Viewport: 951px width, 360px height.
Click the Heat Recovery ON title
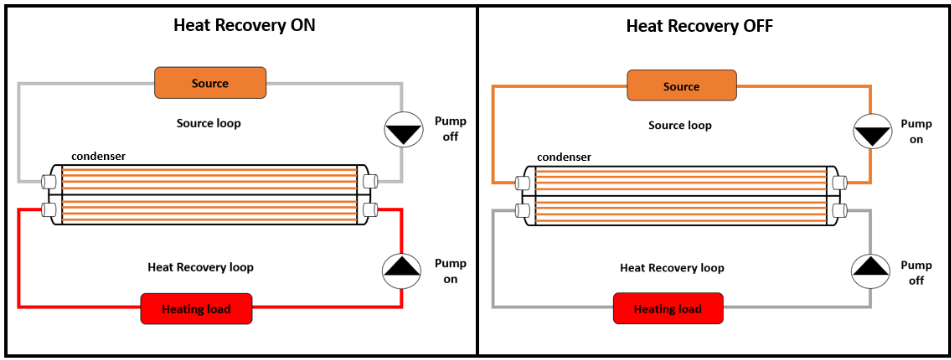[244, 26]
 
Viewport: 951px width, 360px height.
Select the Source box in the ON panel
[210, 83]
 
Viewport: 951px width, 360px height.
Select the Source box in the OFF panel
[681, 86]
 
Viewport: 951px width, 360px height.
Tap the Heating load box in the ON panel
[196, 309]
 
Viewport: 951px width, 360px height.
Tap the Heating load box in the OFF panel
[668, 309]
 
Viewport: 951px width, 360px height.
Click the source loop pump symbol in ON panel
[404, 128]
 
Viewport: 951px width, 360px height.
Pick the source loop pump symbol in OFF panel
[871, 131]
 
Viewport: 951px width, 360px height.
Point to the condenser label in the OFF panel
[564, 157]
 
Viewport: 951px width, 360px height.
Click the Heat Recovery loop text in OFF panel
[672, 267]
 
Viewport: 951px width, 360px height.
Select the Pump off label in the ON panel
[450, 129]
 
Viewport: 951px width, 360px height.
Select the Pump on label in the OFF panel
[917, 131]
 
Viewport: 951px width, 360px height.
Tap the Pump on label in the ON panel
[450, 271]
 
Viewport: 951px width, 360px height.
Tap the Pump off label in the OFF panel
[917, 272]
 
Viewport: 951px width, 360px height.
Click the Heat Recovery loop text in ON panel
[200, 267]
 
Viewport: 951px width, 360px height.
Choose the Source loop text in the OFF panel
[680, 125]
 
